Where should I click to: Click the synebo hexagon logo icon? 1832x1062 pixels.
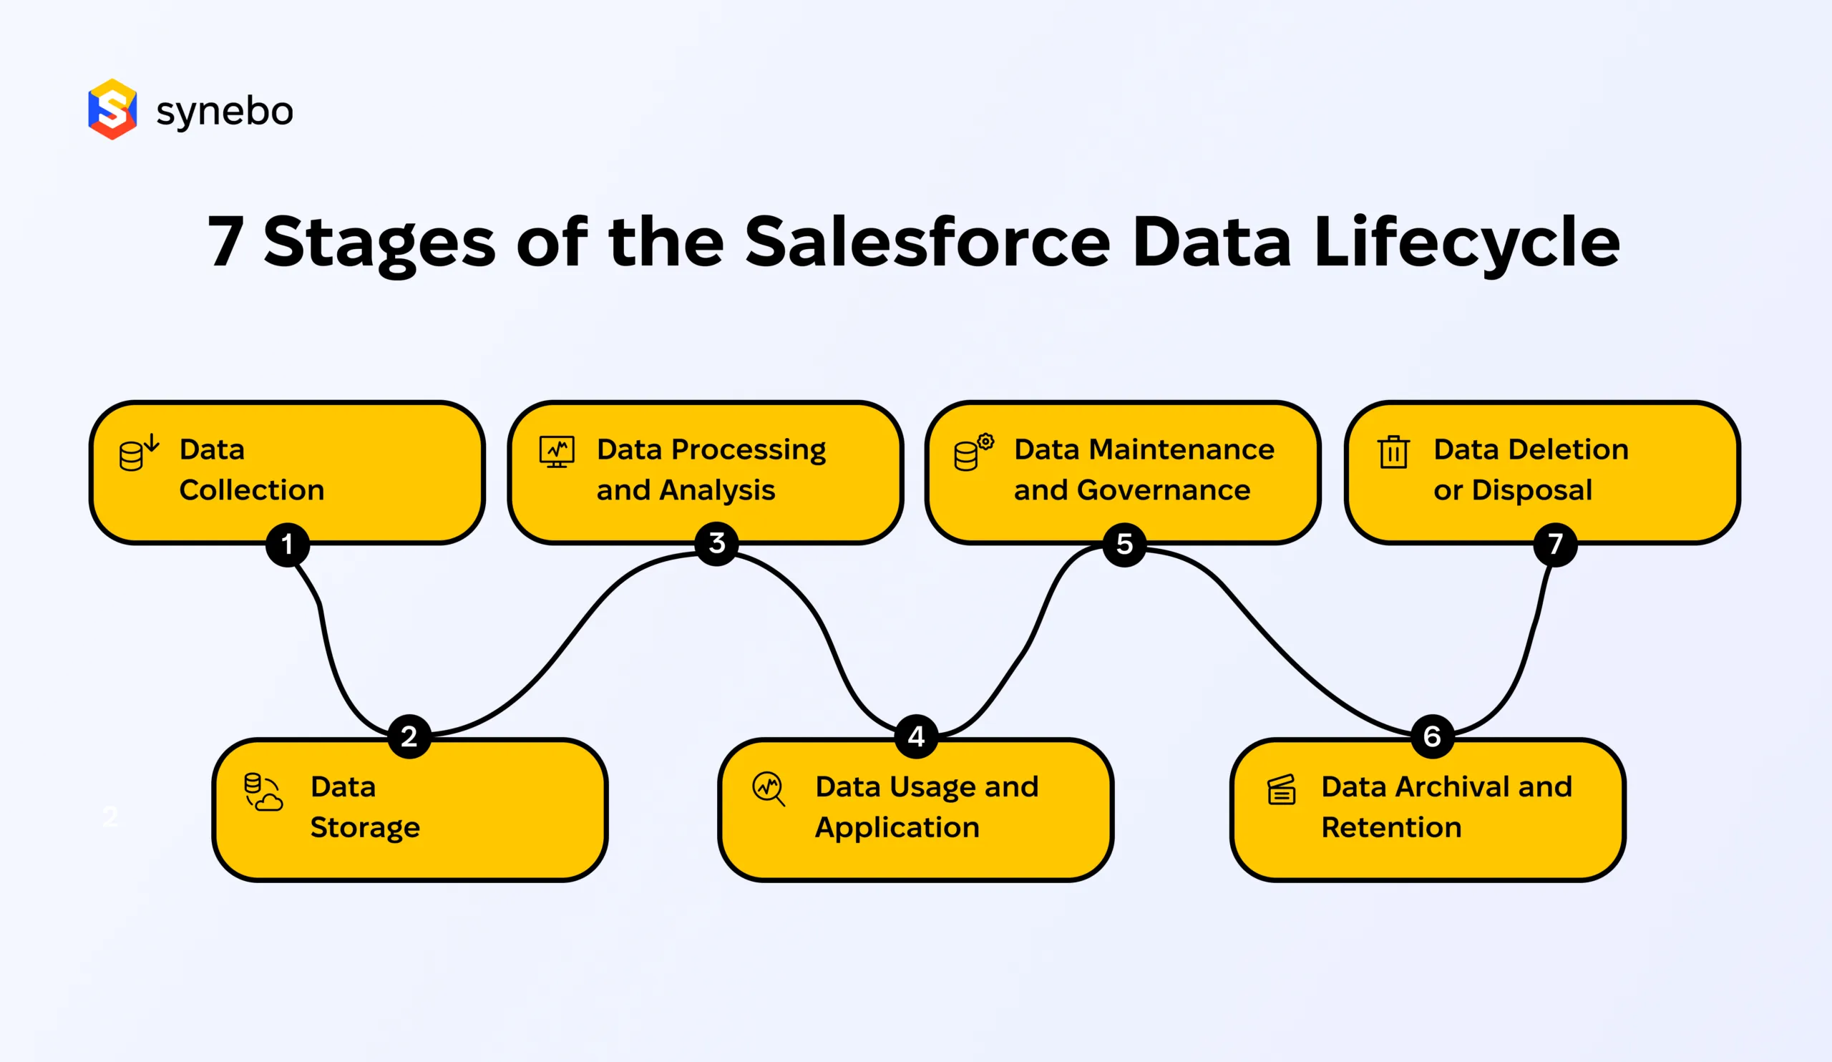[112, 109]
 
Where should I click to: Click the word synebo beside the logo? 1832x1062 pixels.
[225, 111]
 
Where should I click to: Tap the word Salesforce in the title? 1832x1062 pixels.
[927, 241]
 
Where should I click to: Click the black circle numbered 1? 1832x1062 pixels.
[287, 544]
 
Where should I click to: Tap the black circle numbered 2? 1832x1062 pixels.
[409, 736]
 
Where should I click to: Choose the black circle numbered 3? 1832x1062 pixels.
[717, 543]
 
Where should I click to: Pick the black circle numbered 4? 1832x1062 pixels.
[916, 736]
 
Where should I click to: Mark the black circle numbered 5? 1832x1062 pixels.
[1124, 544]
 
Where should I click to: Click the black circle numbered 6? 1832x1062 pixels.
[1431, 736]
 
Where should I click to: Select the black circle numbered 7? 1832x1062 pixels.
[1554, 544]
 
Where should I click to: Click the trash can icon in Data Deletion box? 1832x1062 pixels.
[1393, 452]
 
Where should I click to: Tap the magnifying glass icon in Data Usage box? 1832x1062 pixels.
[769, 789]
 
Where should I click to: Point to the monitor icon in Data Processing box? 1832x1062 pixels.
[557, 452]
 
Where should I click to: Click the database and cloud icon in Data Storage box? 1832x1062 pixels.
[263, 792]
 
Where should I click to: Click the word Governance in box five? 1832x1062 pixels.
[1163, 490]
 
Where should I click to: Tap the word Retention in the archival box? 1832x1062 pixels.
[1390, 827]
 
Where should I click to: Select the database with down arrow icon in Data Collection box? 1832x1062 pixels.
[138, 452]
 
